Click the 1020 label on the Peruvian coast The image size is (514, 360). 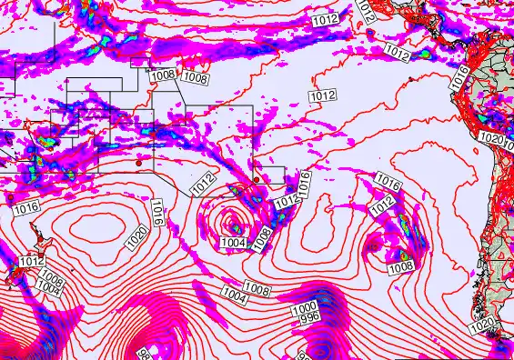coord(490,138)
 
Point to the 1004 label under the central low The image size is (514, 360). coord(232,243)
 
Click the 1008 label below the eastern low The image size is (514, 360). coord(400,266)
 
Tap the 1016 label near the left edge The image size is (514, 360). coord(25,208)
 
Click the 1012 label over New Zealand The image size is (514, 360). coord(32,262)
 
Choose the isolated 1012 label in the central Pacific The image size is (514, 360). coord(322,95)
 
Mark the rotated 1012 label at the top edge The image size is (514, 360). coord(366,11)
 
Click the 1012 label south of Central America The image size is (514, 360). coord(397,52)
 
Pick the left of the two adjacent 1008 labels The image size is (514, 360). coord(163,75)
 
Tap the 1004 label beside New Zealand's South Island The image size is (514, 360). coord(48,287)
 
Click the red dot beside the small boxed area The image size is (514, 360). coord(258,180)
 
